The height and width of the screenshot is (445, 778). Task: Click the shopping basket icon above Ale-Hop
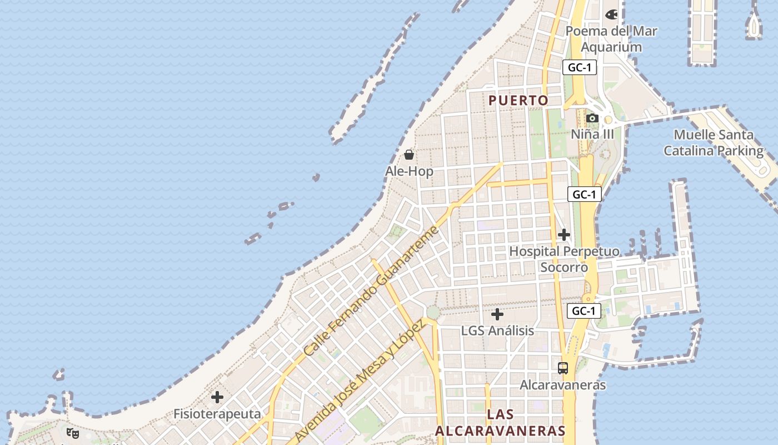point(409,154)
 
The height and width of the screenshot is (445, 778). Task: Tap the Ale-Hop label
point(409,171)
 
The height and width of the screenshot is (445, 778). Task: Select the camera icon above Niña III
point(592,118)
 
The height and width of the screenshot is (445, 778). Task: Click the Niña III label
point(592,134)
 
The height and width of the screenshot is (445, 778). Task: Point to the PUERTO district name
point(518,100)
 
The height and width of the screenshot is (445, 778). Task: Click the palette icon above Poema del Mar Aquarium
point(611,14)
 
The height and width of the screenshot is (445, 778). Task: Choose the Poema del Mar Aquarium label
point(611,39)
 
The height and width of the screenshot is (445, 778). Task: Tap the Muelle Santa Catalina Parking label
point(714,142)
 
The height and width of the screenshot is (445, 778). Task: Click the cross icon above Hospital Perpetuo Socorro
point(564,235)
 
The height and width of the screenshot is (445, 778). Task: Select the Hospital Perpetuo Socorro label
point(564,259)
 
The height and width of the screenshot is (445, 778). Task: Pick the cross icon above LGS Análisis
point(497,315)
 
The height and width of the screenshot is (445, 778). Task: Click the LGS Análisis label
point(497,330)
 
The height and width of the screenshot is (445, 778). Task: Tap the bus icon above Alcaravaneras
point(563,368)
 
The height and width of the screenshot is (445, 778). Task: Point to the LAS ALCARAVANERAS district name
point(500,422)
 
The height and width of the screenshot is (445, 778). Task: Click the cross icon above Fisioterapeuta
point(217,397)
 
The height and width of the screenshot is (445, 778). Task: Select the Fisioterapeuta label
point(217,414)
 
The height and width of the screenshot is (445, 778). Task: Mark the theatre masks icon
point(72,433)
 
